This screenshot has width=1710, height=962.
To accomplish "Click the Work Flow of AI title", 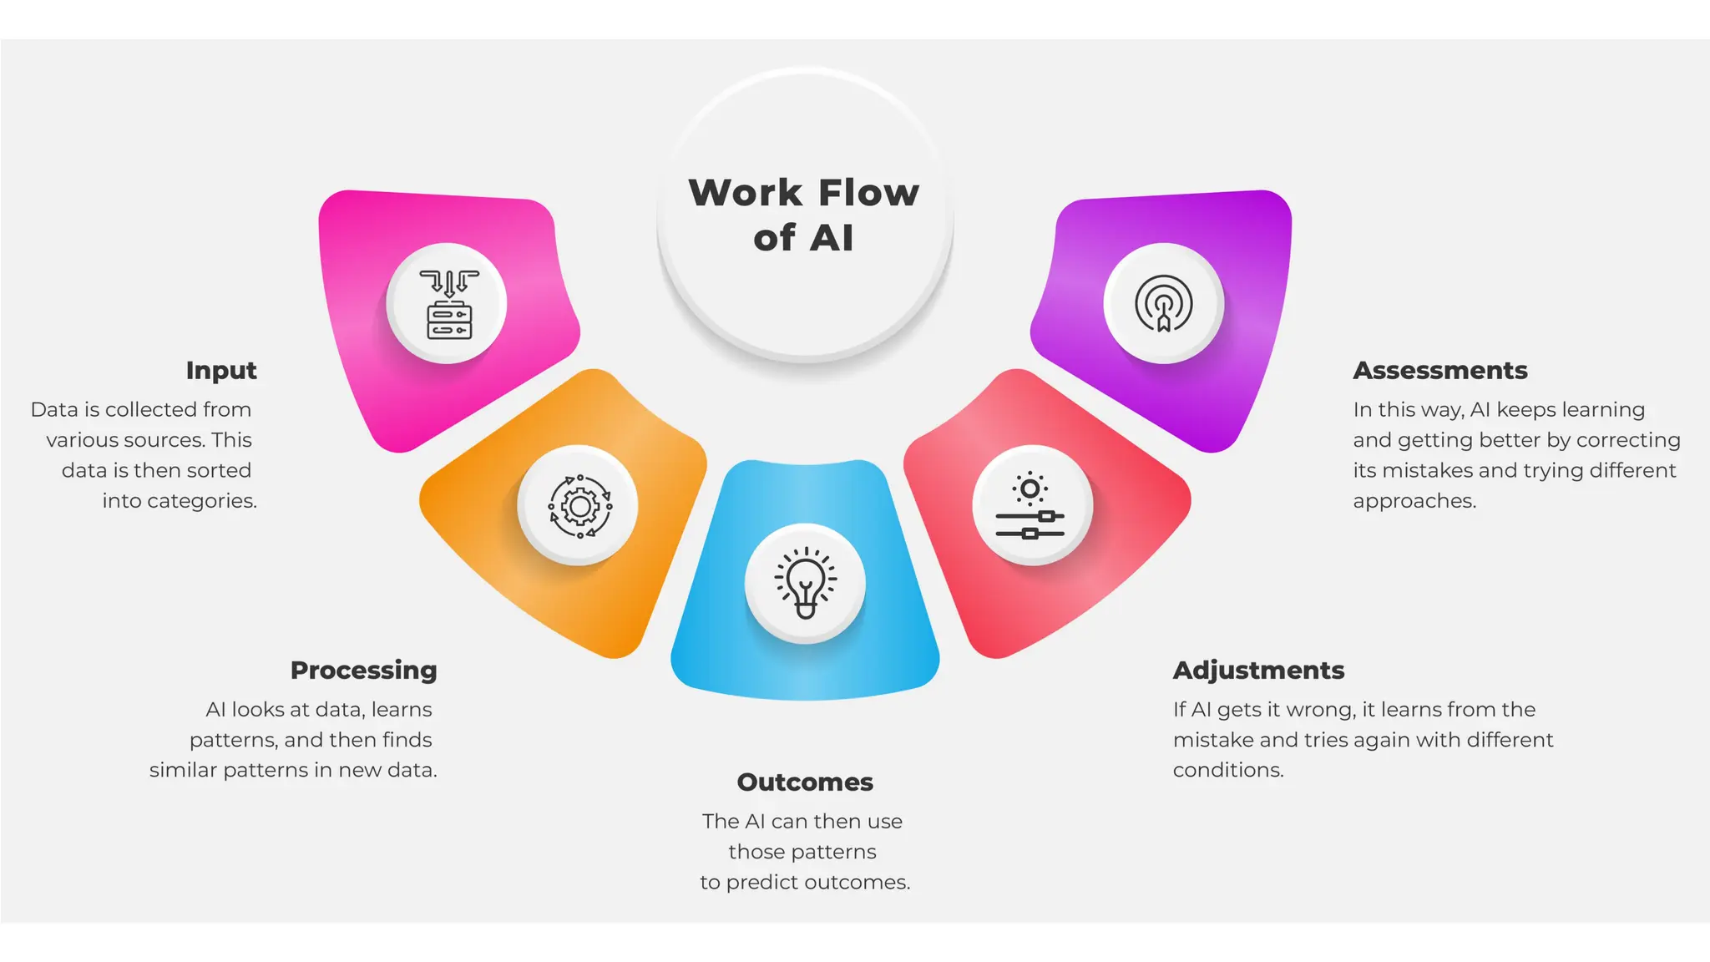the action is pos(804,215).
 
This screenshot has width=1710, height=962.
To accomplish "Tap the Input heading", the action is pos(221,370).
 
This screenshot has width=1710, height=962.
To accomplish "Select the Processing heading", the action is pos(363,670).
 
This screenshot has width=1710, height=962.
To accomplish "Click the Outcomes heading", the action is pos(805,782).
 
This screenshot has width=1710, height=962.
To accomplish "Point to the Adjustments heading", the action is pos(1258,670).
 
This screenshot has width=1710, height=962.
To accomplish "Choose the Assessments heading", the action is pos(1440,370).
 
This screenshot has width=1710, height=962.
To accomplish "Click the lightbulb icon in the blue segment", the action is pos(805,583).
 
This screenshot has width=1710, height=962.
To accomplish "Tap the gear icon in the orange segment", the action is pos(579,506).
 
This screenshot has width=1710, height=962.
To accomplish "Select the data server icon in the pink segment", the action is pos(449,304).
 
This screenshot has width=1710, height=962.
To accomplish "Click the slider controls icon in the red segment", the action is pos(1030,506).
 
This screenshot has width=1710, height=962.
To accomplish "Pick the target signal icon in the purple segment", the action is pos(1163,304).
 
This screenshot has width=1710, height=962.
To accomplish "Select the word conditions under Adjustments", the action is pos(1227,770).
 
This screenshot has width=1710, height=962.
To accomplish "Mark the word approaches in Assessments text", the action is pos(1414,501).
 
